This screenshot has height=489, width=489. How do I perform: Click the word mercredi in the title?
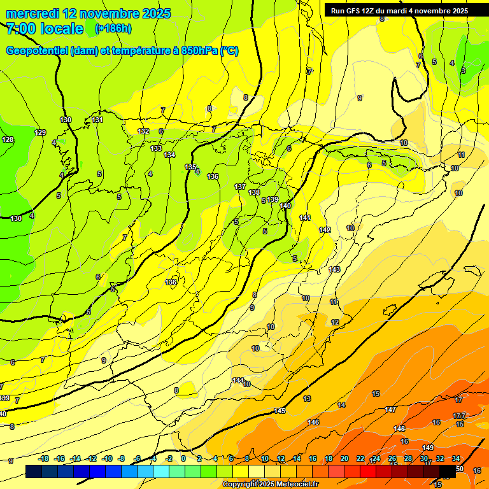(34, 13)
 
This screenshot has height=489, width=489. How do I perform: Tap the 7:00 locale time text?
(45, 29)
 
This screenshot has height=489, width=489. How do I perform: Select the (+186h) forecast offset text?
(113, 29)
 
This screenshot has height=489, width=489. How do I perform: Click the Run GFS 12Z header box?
(399, 10)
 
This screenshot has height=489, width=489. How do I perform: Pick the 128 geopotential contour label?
(8, 139)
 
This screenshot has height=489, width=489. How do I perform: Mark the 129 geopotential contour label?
(40, 132)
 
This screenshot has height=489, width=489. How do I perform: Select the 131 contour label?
(97, 120)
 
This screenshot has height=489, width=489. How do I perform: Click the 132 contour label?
(143, 131)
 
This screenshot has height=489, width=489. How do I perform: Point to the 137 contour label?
(240, 187)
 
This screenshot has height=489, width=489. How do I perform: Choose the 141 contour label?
(305, 218)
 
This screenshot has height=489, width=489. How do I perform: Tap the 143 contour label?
(334, 269)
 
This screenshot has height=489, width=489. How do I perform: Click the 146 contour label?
(313, 422)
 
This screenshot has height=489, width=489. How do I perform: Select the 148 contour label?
(399, 429)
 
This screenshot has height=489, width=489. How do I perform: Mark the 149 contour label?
(428, 448)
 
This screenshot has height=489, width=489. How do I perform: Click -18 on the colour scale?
(43, 458)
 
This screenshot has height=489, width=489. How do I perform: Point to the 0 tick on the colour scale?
(183, 458)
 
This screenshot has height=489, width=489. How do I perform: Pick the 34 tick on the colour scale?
(456, 458)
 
